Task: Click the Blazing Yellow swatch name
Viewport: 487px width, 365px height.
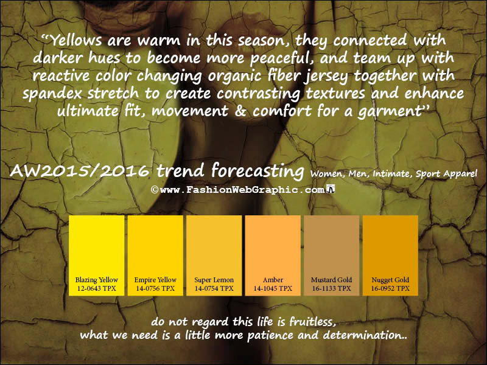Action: click(97, 280)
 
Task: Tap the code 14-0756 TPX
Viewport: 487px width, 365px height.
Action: click(155, 288)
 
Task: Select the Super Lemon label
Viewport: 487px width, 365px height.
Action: click(214, 280)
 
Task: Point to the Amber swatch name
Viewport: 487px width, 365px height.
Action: click(273, 280)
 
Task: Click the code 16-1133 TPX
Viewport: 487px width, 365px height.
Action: click(331, 288)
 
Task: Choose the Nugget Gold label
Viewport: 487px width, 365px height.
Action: click(390, 280)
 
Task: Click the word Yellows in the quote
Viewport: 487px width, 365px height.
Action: click(75, 40)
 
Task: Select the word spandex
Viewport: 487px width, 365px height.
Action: click(52, 94)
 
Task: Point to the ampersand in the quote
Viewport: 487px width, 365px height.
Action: click(240, 111)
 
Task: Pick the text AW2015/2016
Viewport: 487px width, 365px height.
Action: click(80, 170)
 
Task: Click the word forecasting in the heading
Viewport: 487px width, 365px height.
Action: click(258, 171)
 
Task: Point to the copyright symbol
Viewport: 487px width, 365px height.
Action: click(155, 189)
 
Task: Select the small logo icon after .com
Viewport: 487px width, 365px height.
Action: click(331, 189)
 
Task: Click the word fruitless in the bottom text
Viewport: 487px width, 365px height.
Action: click(312, 322)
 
